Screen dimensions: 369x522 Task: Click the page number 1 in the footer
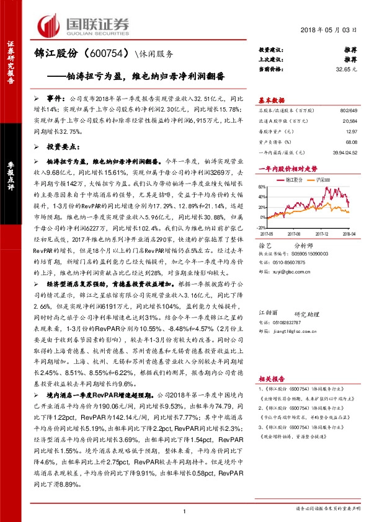(185, 510)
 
